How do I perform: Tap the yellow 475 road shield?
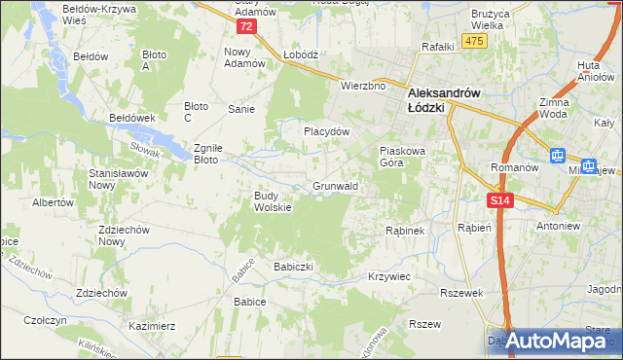(474, 40)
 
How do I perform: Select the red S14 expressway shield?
(499, 200)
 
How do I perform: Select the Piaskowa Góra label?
(404, 157)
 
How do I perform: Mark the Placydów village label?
(325, 130)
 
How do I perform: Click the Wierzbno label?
(363, 86)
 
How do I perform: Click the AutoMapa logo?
(554, 341)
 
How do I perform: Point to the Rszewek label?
(461, 292)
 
